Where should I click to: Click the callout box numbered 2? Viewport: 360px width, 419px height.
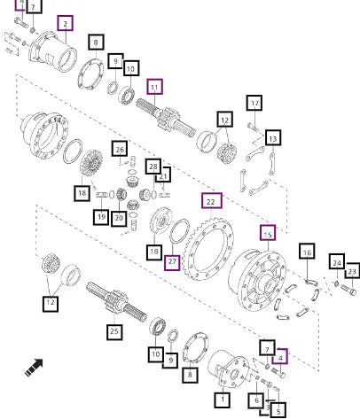coord(65,23)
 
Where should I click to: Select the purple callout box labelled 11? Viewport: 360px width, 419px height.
coord(154,87)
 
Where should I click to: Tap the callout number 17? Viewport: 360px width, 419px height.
coord(254,103)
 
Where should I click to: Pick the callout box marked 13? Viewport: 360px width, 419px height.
coord(273,137)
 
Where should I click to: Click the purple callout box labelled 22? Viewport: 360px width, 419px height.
coord(212,201)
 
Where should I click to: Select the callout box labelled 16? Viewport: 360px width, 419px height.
coord(307,251)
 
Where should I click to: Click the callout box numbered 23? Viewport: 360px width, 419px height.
coord(352,270)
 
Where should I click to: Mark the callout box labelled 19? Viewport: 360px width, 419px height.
coord(101,217)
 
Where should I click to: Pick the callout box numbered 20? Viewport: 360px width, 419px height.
coord(119,218)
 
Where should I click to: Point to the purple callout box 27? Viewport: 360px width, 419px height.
coord(172,262)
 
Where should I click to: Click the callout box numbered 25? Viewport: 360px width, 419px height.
coord(114,331)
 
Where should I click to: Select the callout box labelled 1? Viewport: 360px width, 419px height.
coord(223,400)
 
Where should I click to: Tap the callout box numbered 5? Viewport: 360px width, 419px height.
coord(278,410)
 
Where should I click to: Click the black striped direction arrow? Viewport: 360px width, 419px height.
coord(34,368)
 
